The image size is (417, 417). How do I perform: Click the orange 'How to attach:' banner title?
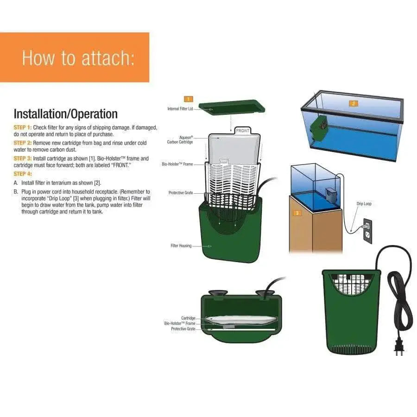coord(78,58)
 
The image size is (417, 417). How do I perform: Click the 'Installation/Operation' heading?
coord(65,114)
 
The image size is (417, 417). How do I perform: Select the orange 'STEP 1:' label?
coord(23,127)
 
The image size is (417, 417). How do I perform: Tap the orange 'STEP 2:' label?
coord(23,143)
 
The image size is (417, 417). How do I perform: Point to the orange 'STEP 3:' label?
coord(23,158)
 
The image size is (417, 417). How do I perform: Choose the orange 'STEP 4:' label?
coord(23,174)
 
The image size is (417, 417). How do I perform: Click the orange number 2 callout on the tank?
coord(353,104)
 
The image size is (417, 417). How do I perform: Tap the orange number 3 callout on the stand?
coord(297,213)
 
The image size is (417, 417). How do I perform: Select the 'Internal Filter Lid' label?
coord(180,109)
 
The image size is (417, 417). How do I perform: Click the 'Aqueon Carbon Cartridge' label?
coord(180,140)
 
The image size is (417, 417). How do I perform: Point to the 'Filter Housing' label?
coord(181,246)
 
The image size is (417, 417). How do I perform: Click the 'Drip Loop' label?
coord(364,203)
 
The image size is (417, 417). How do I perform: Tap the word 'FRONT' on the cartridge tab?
coord(242,131)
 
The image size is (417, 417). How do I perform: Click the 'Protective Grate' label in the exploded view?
coord(181,193)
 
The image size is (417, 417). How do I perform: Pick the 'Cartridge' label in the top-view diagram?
coord(188,318)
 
